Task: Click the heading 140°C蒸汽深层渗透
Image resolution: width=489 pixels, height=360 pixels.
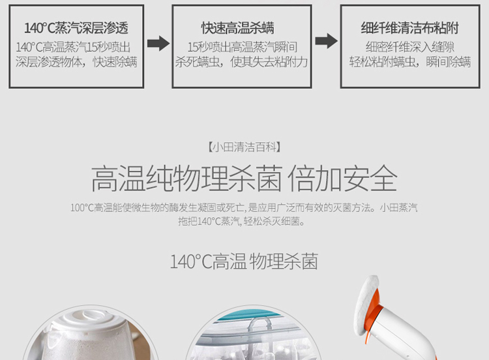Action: pyautogui.click(x=76, y=28)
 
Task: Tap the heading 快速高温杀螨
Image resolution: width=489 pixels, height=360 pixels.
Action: pyautogui.click(x=237, y=28)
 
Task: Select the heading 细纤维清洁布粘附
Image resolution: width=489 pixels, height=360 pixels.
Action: pyautogui.click(x=410, y=28)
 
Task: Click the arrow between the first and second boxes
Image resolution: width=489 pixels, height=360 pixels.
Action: pyautogui.click(x=158, y=43)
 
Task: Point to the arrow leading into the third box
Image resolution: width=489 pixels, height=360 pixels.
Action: pyautogui.click(x=326, y=41)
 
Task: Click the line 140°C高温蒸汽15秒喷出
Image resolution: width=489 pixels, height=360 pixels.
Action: pyautogui.click(x=73, y=48)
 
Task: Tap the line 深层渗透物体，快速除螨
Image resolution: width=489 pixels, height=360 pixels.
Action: pyautogui.click(x=76, y=62)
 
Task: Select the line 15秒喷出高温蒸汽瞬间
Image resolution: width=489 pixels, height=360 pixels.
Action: pyautogui.click(x=243, y=48)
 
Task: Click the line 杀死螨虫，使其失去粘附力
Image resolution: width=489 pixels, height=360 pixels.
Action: pyautogui.click(x=241, y=62)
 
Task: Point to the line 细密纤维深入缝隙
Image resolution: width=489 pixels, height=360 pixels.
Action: pyautogui.click(x=410, y=48)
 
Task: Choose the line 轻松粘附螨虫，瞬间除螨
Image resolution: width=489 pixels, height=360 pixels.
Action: pyautogui.click(x=410, y=62)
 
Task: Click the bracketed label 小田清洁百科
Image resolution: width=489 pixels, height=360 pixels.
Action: pyautogui.click(x=244, y=147)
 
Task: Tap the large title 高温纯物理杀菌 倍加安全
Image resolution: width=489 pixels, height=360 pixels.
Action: pyautogui.click(x=244, y=179)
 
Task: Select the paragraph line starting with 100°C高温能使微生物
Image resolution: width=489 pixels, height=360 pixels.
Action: pyautogui.click(x=244, y=207)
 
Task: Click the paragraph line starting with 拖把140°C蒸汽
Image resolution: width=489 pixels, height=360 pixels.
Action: pyautogui.click(x=241, y=222)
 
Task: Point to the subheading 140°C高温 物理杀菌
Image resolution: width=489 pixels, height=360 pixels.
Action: pyautogui.click(x=244, y=262)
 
